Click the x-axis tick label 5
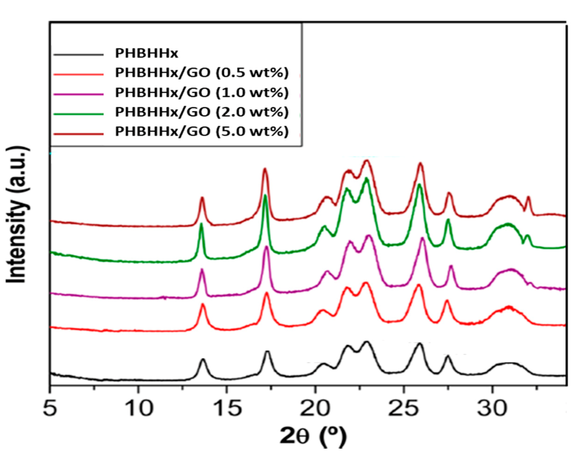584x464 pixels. pyautogui.click(x=50, y=409)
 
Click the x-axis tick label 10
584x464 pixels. pyautogui.click(x=139, y=409)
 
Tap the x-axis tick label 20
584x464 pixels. pyautogui.click(x=315, y=409)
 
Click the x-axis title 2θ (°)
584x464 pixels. pyautogui.click(x=313, y=436)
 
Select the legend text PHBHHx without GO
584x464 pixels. pyautogui.click(x=147, y=53)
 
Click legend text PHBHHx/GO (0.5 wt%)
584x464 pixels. pyautogui.click(x=202, y=73)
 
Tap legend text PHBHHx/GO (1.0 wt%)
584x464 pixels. pyautogui.click(x=202, y=93)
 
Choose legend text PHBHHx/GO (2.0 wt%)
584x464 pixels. pyautogui.click(x=202, y=112)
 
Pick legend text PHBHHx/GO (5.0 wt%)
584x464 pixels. pyautogui.click(x=202, y=132)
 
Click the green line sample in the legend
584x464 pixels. pyautogui.click(x=79, y=114)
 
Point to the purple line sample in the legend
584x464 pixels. pyautogui.click(x=79, y=94)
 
